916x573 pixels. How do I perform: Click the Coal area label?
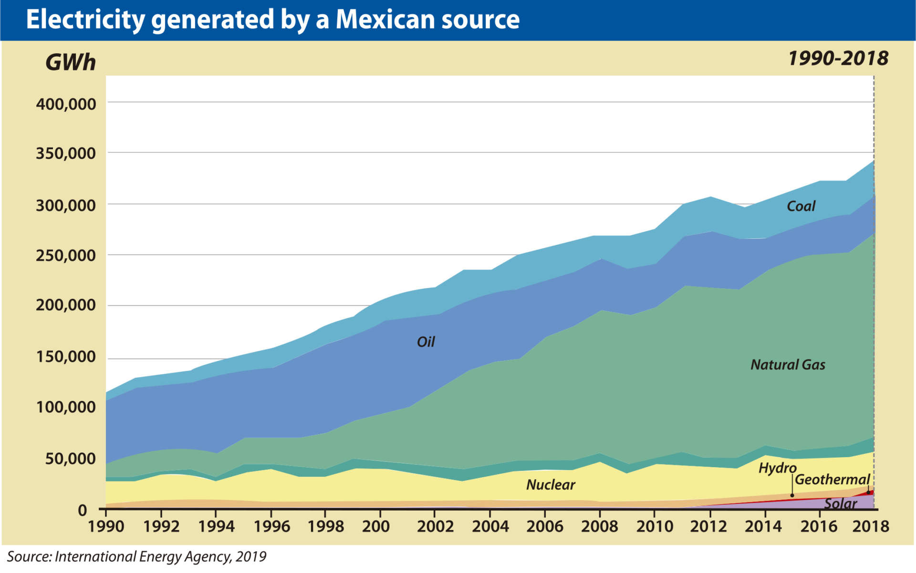(801, 206)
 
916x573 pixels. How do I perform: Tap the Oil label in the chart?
(426, 342)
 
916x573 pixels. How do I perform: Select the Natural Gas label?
(788, 365)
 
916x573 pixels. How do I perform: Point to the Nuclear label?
(551, 485)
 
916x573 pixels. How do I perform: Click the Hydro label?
(777, 468)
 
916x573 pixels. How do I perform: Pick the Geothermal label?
(832, 479)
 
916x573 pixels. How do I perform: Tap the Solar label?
(840, 503)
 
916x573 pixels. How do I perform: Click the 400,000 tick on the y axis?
(66, 104)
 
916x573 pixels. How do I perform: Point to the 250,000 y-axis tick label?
(66, 256)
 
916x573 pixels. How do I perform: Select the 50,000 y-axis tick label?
(70, 459)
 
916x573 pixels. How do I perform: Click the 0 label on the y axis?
(83, 511)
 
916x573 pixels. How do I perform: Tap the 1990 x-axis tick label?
(106, 526)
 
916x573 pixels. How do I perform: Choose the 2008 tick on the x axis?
(599, 526)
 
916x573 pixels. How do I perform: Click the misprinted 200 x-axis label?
(375, 526)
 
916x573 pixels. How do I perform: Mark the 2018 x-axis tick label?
(871, 526)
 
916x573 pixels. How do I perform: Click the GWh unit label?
(71, 62)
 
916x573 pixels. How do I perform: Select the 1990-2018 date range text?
(838, 59)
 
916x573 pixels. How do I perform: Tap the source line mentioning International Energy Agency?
(136, 556)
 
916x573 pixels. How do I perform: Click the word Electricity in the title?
(85, 20)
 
